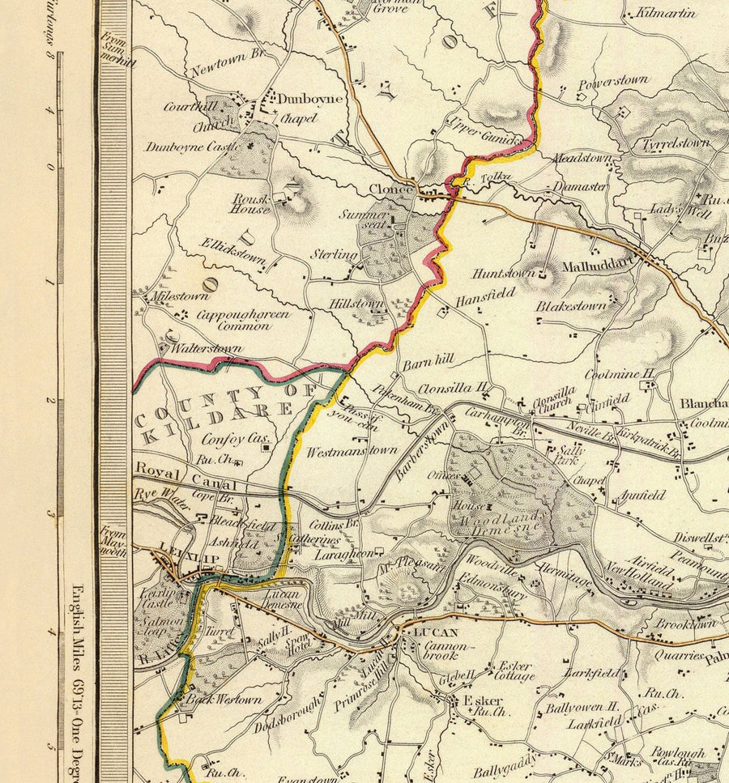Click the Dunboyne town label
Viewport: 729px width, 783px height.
pos(310,99)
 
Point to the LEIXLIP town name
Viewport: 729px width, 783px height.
pos(180,547)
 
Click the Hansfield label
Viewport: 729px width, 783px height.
pos(484,298)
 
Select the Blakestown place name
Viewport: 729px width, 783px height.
pos(571,306)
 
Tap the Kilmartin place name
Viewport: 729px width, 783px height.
pos(665,14)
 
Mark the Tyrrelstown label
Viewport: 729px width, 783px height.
pos(676,143)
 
